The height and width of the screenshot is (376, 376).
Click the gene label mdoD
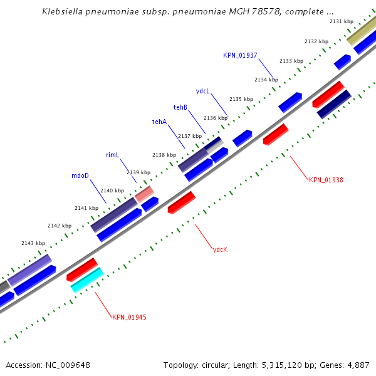tap(80, 176)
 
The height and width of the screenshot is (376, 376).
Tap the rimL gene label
tap(112, 155)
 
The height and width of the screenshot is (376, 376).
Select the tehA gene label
tap(159, 122)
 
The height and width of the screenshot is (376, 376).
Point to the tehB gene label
tap(180, 107)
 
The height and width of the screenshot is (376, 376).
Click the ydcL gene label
tap(202, 91)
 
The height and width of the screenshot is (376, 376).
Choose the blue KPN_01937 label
tap(240, 55)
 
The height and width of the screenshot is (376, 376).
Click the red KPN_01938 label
tap(326, 180)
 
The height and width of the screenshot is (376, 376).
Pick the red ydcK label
tap(220, 249)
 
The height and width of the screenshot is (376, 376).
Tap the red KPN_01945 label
tap(129, 317)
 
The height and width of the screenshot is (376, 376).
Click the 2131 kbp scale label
tap(341, 21)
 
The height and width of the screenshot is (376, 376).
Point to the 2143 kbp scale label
tap(33, 243)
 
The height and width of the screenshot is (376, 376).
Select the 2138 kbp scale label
tap(164, 155)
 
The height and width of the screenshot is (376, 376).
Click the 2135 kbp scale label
tap(241, 99)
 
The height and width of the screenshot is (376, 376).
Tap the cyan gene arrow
tap(87, 280)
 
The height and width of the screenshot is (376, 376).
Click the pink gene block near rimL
tap(144, 194)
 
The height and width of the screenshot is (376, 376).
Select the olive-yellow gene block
tap(361, 32)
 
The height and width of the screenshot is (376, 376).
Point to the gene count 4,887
tap(358, 365)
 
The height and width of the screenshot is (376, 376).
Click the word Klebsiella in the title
tap(65, 11)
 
